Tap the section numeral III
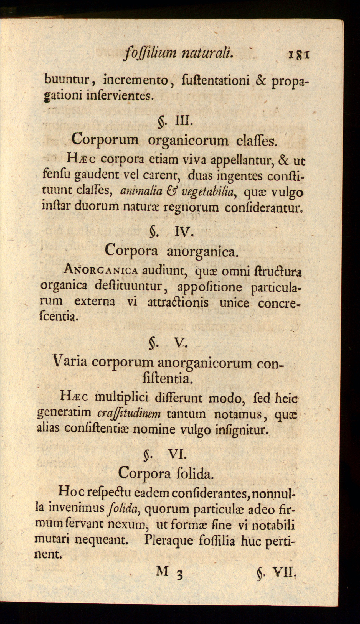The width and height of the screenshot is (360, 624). pyautogui.click(x=183, y=121)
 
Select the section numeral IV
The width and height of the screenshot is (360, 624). pyautogui.click(x=183, y=231)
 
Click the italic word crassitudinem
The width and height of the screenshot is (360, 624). pyautogui.click(x=129, y=414)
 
